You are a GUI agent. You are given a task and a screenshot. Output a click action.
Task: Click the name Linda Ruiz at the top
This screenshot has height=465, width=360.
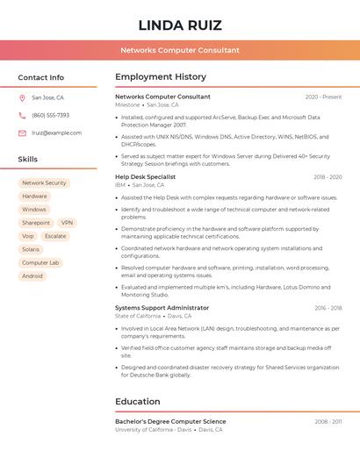click(x=180, y=25)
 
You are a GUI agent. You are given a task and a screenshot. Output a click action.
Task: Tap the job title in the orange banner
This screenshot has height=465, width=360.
click(x=180, y=50)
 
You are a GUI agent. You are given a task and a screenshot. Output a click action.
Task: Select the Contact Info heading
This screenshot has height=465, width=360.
click(x=41, y=77)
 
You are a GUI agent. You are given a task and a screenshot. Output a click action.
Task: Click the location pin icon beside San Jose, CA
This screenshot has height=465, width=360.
click(x=22, y=97)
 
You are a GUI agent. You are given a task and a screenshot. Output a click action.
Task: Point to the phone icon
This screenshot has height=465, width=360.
click(x=22, y=115)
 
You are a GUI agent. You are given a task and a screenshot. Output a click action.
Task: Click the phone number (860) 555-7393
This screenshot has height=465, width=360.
click(x=50, y=115)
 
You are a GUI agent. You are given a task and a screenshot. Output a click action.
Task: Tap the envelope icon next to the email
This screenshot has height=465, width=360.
click(x=22, y=133)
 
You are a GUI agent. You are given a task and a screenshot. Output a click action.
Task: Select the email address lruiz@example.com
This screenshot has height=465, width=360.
click(x=56, y=133)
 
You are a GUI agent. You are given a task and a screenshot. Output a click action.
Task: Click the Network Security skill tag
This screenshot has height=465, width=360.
click(x=44, y=183)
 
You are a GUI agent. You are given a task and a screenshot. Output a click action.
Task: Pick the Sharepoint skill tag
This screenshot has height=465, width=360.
click(x=36, y=223)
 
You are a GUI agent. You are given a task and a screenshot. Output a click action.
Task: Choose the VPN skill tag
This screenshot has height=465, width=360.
click(x=67, y=223)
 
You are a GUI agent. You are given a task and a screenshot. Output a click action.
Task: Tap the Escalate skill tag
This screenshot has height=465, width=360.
click(x=55, y=236)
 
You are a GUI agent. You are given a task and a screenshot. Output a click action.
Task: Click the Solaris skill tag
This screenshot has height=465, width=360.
click(x=31, y=249)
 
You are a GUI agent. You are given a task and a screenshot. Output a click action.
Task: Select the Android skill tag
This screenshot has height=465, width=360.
click(x=32, y=276)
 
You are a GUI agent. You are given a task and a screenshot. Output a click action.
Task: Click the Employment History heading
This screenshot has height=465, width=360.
click(x=161, y=77)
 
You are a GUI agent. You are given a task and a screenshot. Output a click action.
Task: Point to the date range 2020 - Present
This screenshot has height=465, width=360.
click(x=323, y=97)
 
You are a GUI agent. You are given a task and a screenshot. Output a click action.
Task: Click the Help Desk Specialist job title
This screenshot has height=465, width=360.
click(x=145, y=176)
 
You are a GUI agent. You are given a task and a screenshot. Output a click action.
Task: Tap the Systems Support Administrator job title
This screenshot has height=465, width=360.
click(x=162, y=308)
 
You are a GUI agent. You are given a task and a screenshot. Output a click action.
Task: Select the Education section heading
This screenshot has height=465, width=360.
click(x=138, y=402)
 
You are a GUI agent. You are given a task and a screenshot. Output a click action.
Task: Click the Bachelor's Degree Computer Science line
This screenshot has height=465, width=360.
click(x=170, y=421)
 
